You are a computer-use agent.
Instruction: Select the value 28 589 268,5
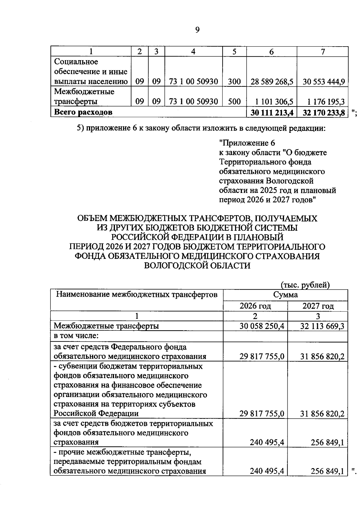pos(272,82)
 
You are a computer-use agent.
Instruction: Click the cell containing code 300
pos(234,82)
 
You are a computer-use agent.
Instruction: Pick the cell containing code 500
pos(234,102)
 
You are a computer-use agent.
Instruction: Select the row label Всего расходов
pos(83,112)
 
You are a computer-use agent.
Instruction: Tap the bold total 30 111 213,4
pos(272,112)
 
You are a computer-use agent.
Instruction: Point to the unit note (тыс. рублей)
pos(305,285)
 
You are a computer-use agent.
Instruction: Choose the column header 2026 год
pos(255,306)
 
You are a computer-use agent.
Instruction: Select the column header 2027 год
pos(318,306)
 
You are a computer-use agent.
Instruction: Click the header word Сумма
pos(285,295)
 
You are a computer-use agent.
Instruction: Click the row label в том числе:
pos(76,336)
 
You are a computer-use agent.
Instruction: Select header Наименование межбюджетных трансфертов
pos(137,294)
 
